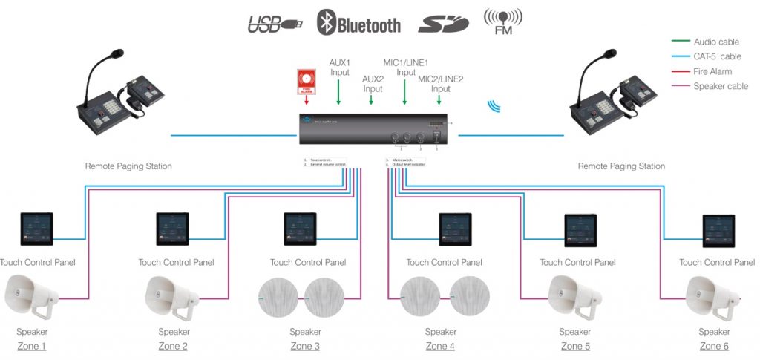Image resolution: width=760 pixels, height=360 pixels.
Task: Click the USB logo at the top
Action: [275, 24]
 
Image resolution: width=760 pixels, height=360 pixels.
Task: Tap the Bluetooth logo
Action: [358, 24]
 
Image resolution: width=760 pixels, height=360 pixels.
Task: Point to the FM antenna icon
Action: [502, 22]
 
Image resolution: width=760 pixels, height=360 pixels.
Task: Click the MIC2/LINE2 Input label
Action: [441, 84]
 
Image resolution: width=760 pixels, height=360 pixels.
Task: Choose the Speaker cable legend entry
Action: [720, 86]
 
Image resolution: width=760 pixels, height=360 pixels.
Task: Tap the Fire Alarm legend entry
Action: [712, 71]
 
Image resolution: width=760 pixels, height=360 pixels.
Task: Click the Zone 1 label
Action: [32, 347]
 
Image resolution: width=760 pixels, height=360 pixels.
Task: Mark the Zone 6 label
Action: [714, 347]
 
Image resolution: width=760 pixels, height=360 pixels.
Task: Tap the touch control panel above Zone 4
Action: [455, 229]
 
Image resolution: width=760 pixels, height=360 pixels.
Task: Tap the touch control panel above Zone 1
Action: [37, 229]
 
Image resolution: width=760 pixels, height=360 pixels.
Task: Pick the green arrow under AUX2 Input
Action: [372, 99]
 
